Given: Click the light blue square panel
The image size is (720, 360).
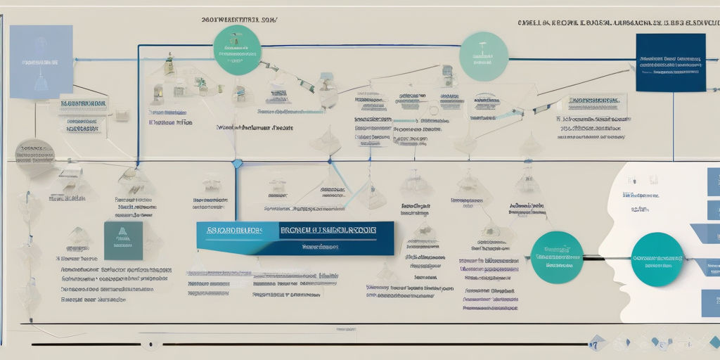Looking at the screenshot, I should pos(41,61).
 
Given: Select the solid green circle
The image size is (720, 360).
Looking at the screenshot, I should pos(237,50).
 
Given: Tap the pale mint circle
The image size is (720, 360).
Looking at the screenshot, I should pos(484,56).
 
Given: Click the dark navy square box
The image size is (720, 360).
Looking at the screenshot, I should pos(670,63).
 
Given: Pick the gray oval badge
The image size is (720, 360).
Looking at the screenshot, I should pos(34,153).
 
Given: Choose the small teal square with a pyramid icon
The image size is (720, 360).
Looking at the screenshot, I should pos(123,240).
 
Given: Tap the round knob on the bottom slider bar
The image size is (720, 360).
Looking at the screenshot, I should pos(150,345).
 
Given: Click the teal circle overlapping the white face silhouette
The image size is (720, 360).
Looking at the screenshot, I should pos(657,259).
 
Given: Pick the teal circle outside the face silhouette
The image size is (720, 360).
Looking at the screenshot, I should pos(557,257).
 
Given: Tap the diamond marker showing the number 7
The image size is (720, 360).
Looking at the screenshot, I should pos(597,343).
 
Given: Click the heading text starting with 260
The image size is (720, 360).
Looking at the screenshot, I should pos(240,20).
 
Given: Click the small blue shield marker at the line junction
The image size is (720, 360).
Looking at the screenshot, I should pos(237,163).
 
